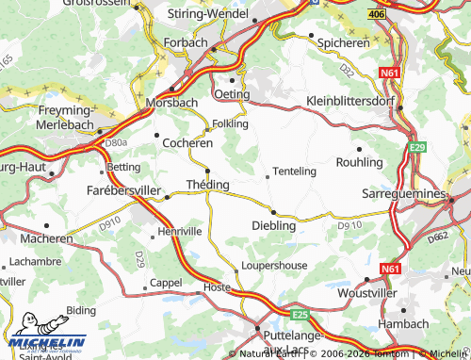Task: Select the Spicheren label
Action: coord(343,42)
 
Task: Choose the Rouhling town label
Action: coord(359,162)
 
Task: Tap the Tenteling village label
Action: coord(297,172)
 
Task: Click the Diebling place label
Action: coord(274,225)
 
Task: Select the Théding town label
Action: coord(207,184)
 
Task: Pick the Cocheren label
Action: coord(187,142)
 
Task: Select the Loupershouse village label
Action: coord(273,266)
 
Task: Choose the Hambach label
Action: coord(402,323)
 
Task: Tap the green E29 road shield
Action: coord(417,148)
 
